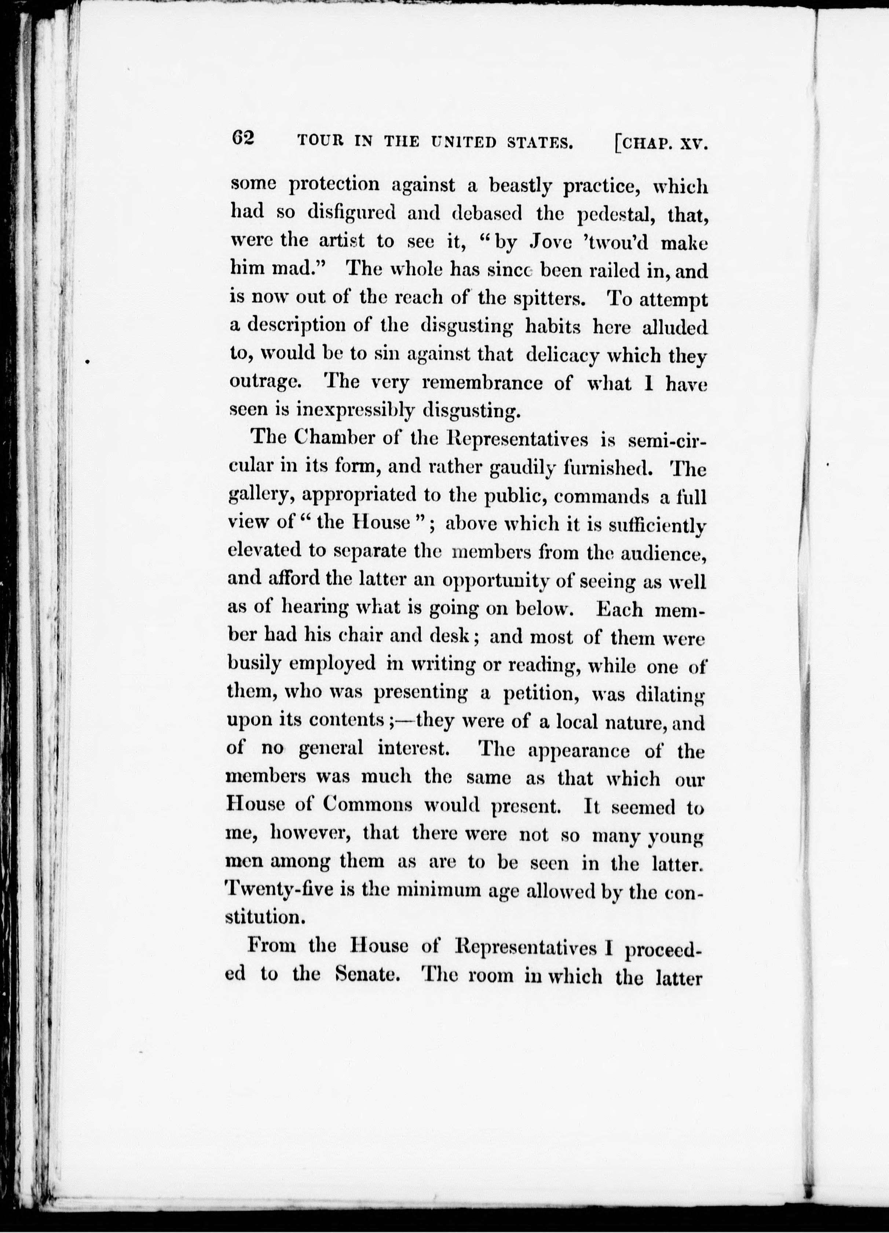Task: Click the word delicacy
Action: (563, 355)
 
